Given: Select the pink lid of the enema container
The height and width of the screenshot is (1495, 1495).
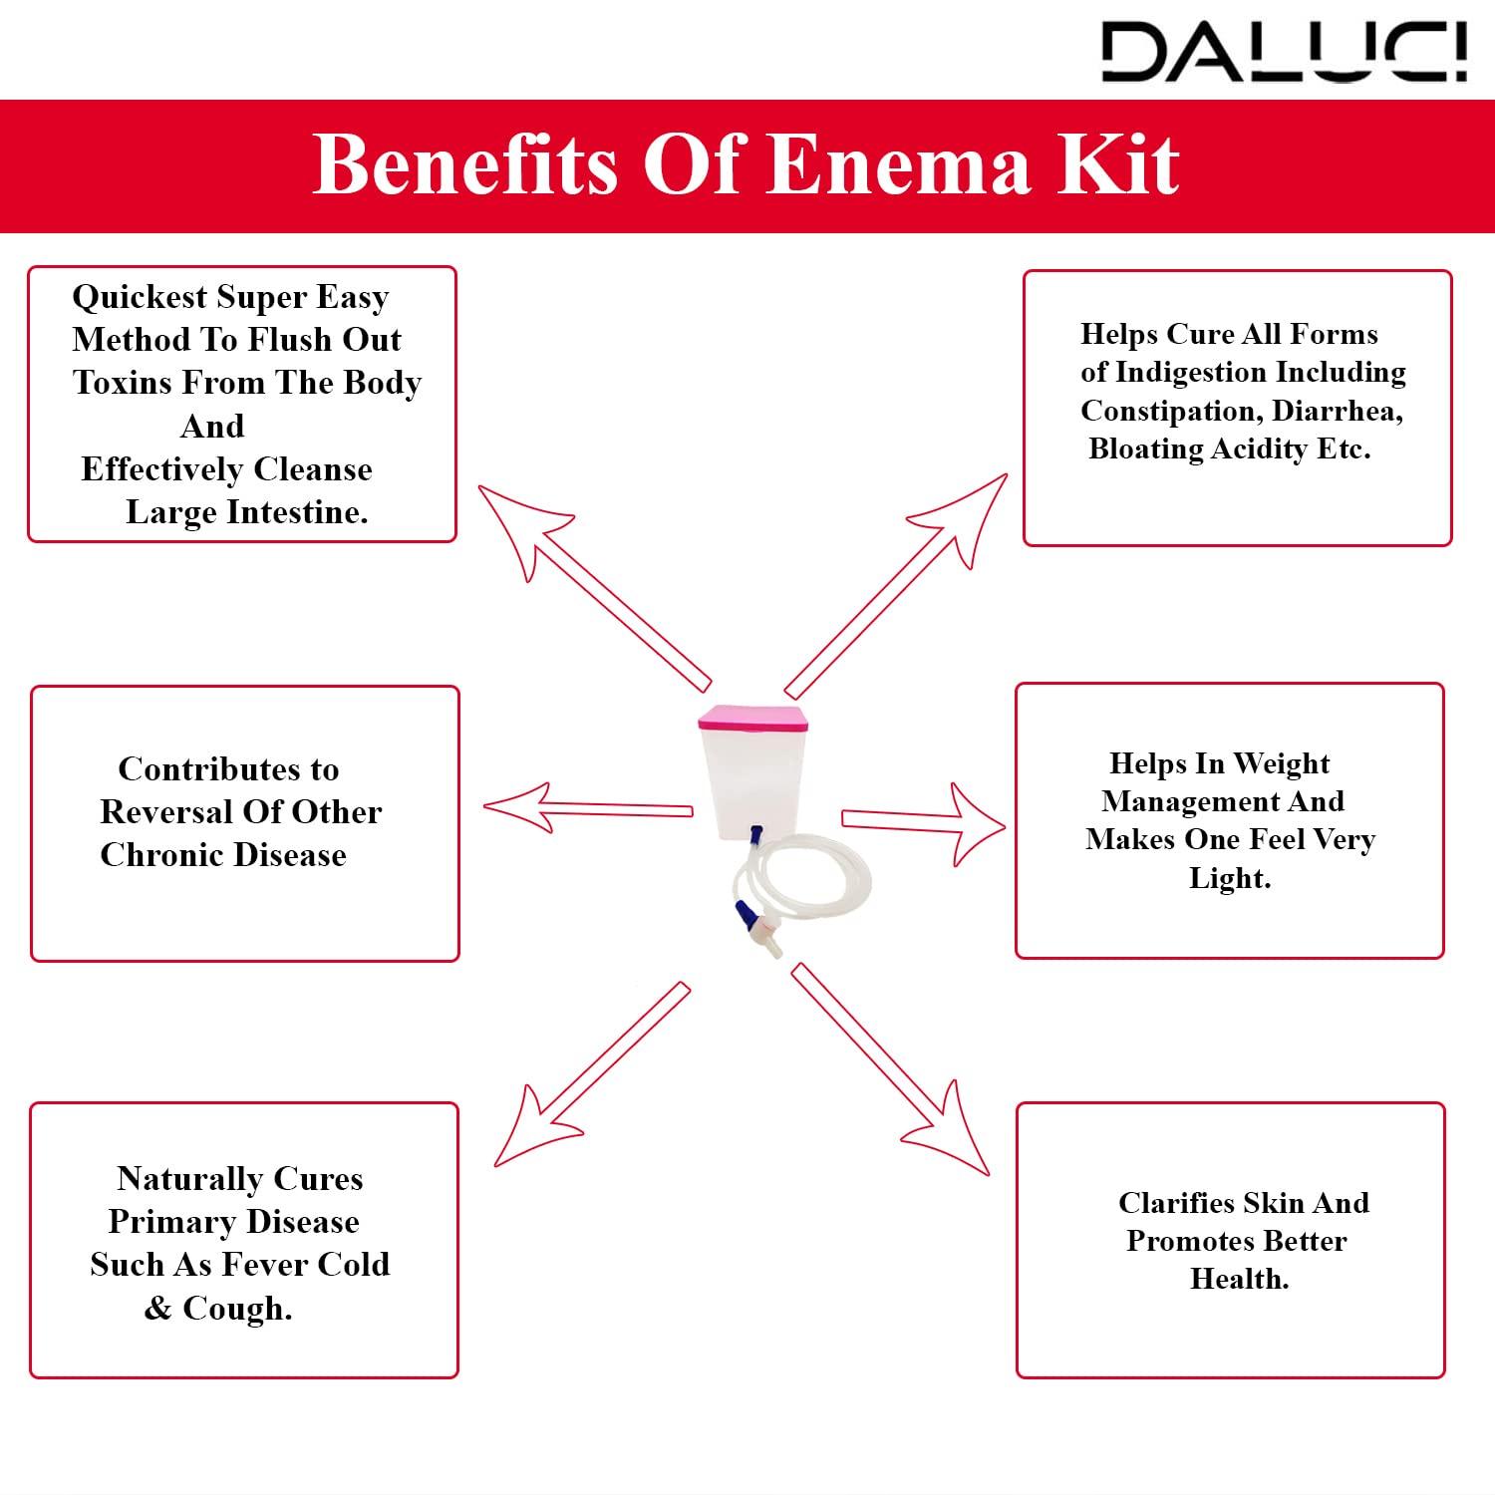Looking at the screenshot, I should click(751, 719).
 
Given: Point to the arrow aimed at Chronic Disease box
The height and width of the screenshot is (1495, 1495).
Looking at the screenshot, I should click(588, 808).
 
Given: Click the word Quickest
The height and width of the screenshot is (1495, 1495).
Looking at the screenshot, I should click(140, 297).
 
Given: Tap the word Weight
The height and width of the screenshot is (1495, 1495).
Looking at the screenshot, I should click(1282, 764).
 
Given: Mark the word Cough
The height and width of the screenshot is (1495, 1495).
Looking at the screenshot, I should click(237, 1308).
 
